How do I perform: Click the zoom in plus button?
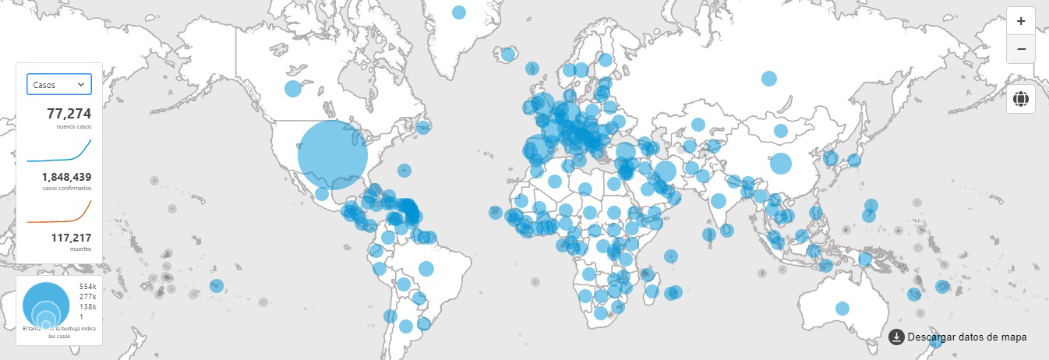tap(1021, 21)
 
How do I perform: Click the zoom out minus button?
tap(1021, 49)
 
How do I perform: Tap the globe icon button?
tap(1021, 99)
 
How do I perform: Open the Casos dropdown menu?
tap(59, 84)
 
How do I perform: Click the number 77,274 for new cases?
tap(69, 114)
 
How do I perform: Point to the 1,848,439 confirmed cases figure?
tap(66, 177)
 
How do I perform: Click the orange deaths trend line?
tap(59, 217)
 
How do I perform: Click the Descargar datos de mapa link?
tap(967, 337)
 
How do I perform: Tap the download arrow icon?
tap(896, 337)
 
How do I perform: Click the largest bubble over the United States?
tap(333, 154)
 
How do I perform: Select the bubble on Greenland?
tap(459, 12)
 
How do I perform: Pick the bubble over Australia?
tap(842, 308)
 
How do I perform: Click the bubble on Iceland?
tap(508, 54)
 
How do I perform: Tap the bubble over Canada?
tap(292, 88)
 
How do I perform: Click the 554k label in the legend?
tap(87, 287)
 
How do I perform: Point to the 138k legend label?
tap(87, 307)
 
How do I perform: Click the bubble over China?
tap(780, 164)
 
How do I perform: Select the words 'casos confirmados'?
tap(67, 189)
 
